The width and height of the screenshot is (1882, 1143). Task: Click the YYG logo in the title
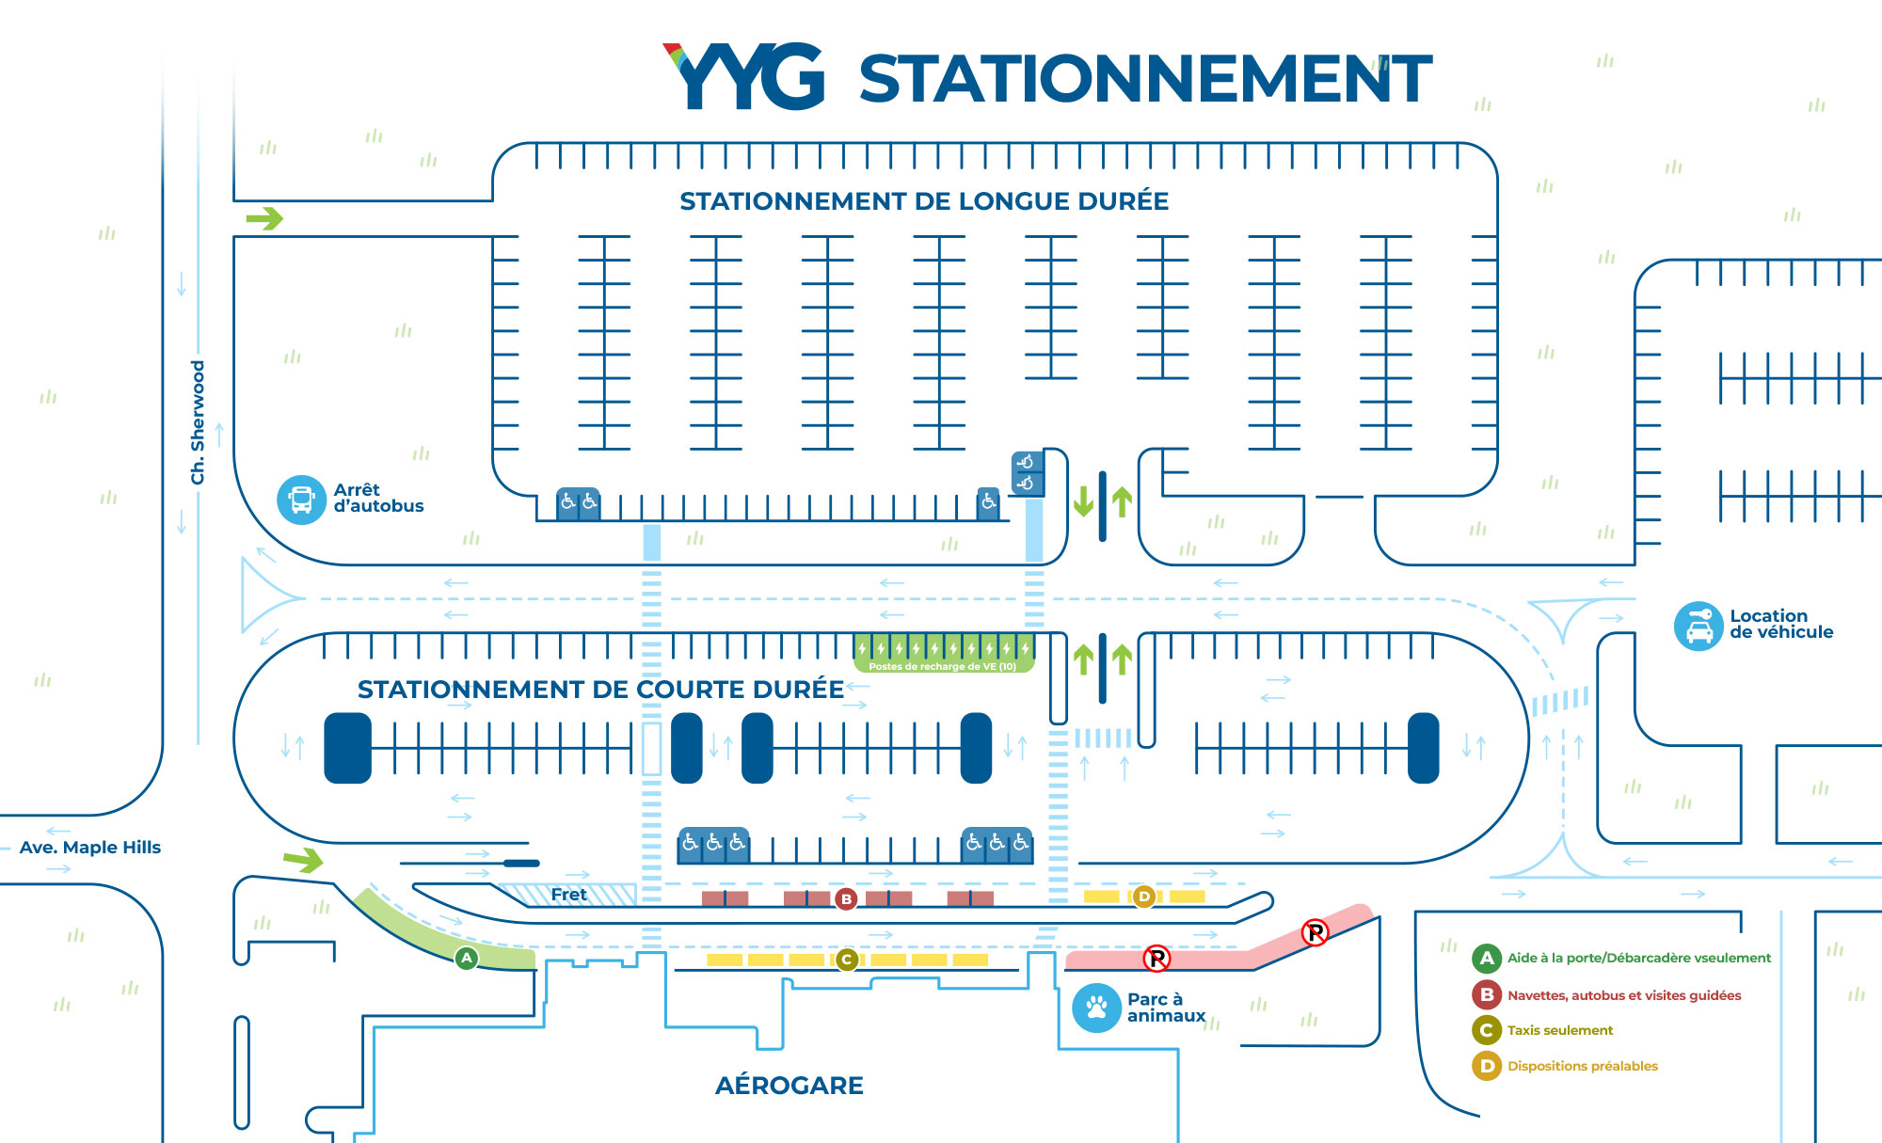743,76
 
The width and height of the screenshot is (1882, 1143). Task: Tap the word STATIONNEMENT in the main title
1145,79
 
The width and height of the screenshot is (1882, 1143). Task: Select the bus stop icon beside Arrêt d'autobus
301,500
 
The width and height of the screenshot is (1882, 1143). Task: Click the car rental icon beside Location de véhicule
1699,627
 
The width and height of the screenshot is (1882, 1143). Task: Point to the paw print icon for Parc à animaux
1097,1008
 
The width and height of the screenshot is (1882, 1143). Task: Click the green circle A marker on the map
467,958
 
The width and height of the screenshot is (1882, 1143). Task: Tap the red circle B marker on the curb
846,899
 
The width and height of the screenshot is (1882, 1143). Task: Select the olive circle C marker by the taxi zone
847,960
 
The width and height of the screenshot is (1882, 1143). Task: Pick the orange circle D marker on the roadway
1144,897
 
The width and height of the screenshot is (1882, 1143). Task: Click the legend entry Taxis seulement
1560,1030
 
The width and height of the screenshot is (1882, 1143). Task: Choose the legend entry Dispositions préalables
1583,1066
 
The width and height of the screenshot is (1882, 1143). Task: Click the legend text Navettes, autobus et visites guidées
1624,995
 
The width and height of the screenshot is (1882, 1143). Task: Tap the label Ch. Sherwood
198,422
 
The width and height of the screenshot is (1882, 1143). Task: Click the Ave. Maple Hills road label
90,848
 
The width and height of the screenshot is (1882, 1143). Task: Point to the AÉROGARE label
789,1086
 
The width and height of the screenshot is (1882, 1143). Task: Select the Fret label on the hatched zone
568,895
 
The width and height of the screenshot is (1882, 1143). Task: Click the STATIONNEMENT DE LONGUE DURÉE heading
924,201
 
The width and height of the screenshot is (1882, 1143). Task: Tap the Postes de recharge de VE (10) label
943,666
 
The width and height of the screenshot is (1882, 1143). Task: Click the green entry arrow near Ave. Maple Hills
303,860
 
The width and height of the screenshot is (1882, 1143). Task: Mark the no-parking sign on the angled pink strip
1315,932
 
